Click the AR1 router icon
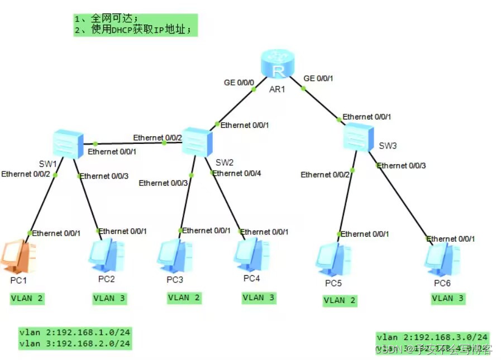(x=278, y=68)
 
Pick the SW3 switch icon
(x=359, y=136)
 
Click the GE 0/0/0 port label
(x=239, y=82)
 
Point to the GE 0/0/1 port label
(x=318, y=78)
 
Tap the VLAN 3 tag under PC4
(x=259, y=298)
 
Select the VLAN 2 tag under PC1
(x=27, y=299)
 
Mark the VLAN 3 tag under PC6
(x=448, y=299)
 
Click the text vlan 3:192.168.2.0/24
(x=74, y=344)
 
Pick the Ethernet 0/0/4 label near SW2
(x=237, y=173)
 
